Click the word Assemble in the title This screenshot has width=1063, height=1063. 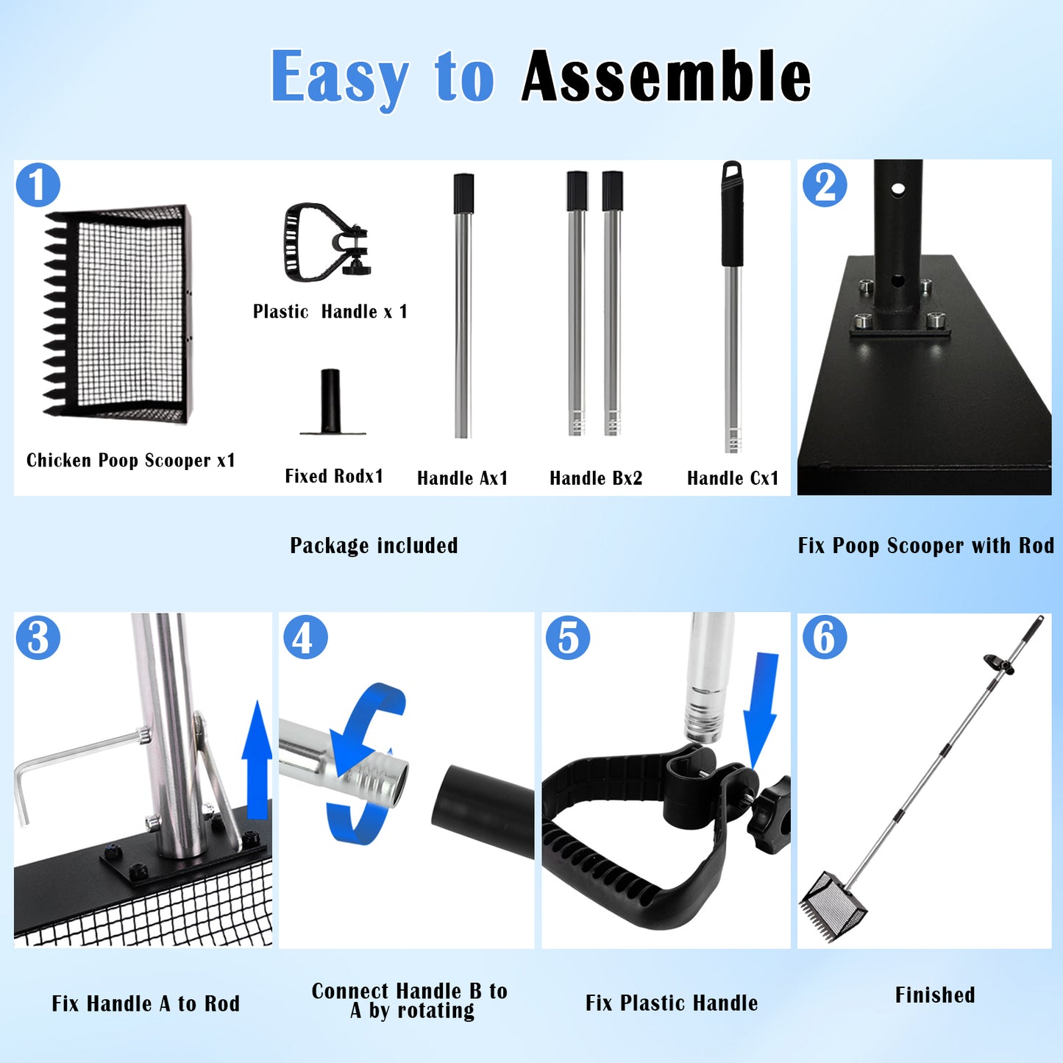pyautogui.click(x=666, y=76)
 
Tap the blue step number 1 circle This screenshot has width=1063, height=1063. pyautogui.click(x=38, y=185)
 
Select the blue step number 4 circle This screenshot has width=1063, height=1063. pyautogui.click(x=305, y=637)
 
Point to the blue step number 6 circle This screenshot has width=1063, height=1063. pyautogui.click(x=825, y=637)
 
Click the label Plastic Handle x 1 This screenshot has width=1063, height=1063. pyautogui.click(x=330, y=312)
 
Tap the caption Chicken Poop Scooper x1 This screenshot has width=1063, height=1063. pyautogui.click(x=131, y=460)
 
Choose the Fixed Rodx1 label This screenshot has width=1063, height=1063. pyautogui.click(x=334, y=476)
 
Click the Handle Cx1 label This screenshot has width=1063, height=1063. pyautogui.click(x=733, y=477)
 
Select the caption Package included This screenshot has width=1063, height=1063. pyautogui.click(x=374, y=546)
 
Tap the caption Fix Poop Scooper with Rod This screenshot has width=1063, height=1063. pyautogui.click(x=926, y=546)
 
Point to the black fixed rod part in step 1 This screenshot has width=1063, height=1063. pyautogui.click(x=331, y=401)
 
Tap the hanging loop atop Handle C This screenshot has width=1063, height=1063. pyautogui.click(x=732, y=169)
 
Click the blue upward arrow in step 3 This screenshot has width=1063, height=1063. pyautogui.click(x=257, y=760)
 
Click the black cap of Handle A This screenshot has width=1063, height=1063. pyautogui.click(x=463, y=193)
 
